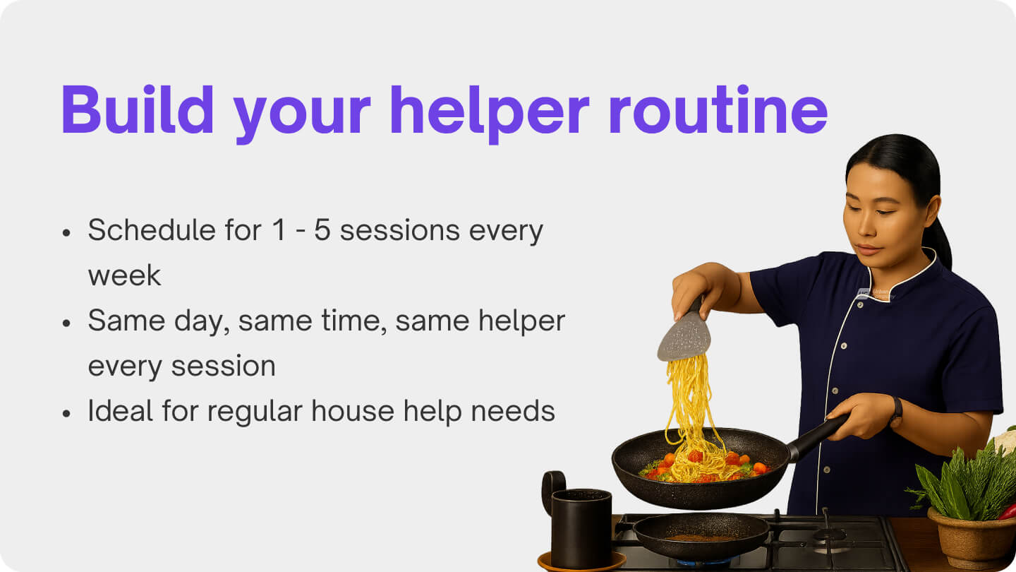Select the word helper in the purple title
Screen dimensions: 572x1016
pyautogui.click(x=490, y=109)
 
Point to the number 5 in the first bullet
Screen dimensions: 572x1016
pyautogui.click(x=322, y=231)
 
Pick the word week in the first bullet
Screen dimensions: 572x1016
pyautogui.click(x=124, y=275)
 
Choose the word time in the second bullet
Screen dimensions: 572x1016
pyautogui.click(x=354, y=321)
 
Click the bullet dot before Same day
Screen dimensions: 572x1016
pyautogui.click(x=66, y=323)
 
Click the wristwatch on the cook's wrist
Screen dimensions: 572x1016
pyautogui.click(x=896, y=411)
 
